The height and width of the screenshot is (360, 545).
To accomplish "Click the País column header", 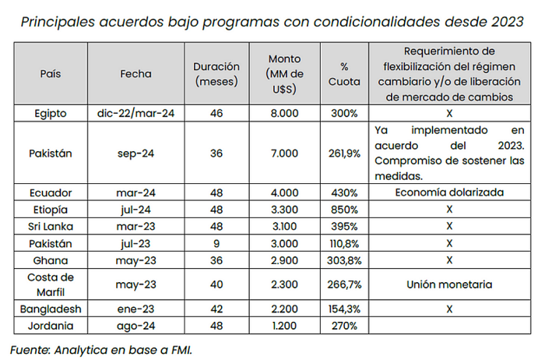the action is [51, 74].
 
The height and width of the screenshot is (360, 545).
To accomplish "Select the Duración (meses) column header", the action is [216, 74].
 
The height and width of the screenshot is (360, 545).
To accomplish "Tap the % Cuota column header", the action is [344, 74].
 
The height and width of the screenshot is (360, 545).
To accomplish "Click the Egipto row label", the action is [51, 114].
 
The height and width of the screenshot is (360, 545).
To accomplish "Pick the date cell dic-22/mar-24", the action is [135, 114].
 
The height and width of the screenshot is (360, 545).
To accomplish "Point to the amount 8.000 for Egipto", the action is [284, 114].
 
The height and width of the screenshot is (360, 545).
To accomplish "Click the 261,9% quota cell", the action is [344, 154].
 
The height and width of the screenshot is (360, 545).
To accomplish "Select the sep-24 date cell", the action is [135, 154].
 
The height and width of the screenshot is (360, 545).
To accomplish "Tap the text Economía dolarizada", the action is [449, 192].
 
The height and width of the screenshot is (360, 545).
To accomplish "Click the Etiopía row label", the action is [51, 210].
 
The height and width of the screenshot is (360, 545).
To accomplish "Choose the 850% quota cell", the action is [344, 210].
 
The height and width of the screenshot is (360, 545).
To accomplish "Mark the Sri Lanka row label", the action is [51, 227].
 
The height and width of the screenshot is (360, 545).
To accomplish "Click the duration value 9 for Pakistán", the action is [216, 243].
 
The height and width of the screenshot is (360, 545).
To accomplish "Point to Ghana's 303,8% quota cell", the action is [344, 260].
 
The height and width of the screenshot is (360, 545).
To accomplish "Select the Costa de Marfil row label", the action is [51, 284].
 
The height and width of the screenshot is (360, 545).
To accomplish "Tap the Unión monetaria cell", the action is [449, 284].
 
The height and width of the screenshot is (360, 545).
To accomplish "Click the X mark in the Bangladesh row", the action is [449, 309].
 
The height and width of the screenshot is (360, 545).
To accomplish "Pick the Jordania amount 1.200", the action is [284, 326].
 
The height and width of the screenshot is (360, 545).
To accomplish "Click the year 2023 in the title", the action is [508, 22].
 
